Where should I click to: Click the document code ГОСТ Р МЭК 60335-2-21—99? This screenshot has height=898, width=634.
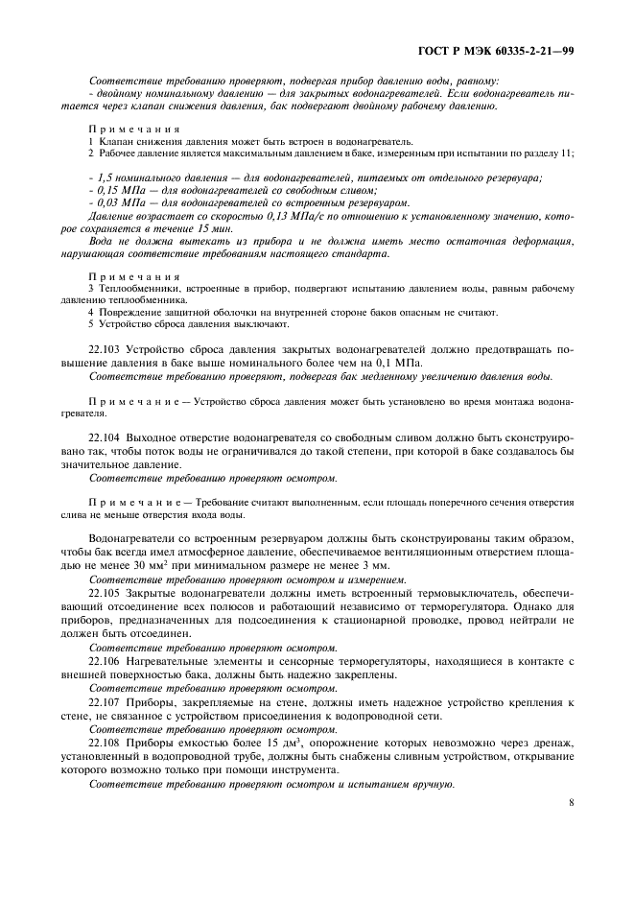pyautogui.click(x=503, y=52)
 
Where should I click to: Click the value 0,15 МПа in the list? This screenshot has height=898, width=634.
pyautogui.click(x=119, y=190)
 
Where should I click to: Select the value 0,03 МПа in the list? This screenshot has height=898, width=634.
pyautogui.click(x=119, y=202)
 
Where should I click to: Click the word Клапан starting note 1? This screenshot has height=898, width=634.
pyautogui.click(x=113, y=141)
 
